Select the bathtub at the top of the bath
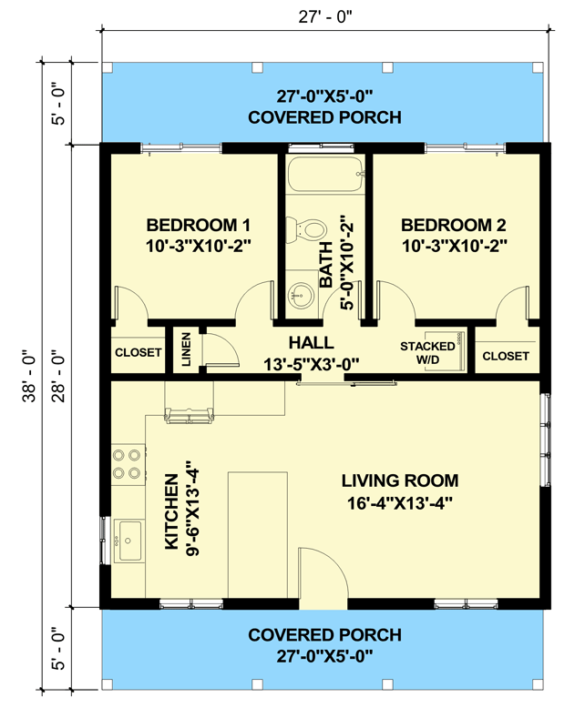coord(325,175)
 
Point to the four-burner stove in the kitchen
coord(128,463)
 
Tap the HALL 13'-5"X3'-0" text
coord(311,353)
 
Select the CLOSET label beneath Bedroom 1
coord(139,352)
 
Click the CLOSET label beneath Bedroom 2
coord(505,356)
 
